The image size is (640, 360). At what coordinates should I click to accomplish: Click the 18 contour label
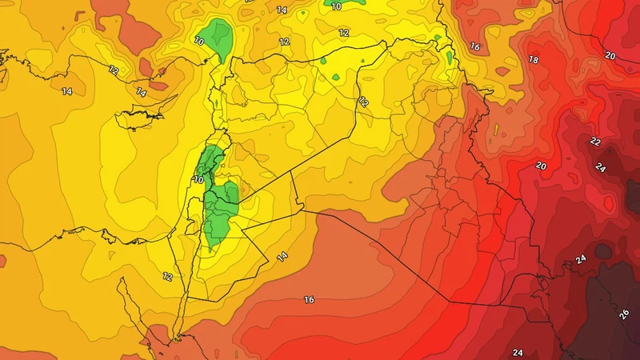tap(534, 60)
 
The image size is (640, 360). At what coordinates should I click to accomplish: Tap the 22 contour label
tap(594, 141)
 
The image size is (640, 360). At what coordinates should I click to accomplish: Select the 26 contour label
tap(624, 314)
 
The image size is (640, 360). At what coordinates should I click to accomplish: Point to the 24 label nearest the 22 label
tap(600, 167)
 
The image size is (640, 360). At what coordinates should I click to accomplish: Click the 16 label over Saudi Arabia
tap(309, 300)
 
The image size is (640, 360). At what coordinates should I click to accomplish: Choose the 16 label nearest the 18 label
tap(474, 47)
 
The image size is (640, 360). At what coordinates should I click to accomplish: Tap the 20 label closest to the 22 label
tap(541, 166)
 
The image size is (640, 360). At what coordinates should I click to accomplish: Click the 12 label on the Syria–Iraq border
tap(363, 102)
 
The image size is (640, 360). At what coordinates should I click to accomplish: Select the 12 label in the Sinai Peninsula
tap(167, 276)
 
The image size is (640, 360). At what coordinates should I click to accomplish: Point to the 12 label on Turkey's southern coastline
tap(114, 70)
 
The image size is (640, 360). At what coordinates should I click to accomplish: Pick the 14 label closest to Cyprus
tap(142, 93)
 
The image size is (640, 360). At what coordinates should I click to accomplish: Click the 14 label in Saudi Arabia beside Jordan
tap(282, 256)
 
